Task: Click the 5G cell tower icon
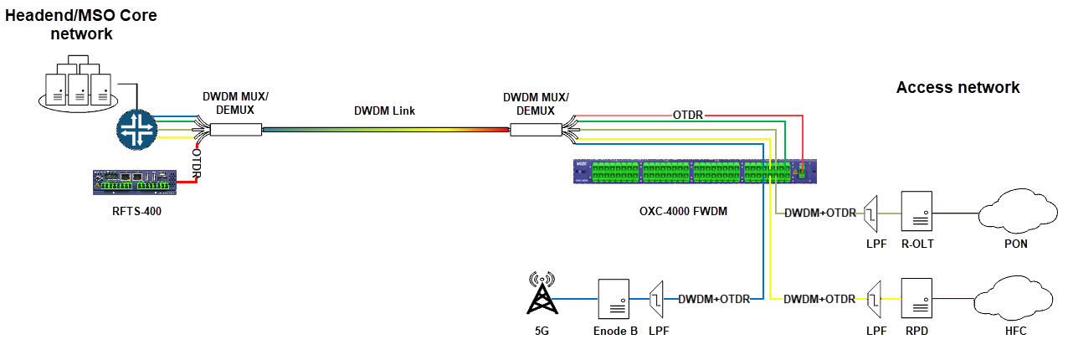click(542, 294)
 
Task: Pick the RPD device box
click(917, 298)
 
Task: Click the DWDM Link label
click(384, 111)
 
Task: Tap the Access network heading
click(958, 88)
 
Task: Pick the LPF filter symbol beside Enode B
click(658, 298)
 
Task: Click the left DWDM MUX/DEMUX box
click(235, 129)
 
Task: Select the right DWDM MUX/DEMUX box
click(536, 129)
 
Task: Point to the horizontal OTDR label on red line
click(687, 113)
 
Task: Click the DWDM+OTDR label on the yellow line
click(819, 298)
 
